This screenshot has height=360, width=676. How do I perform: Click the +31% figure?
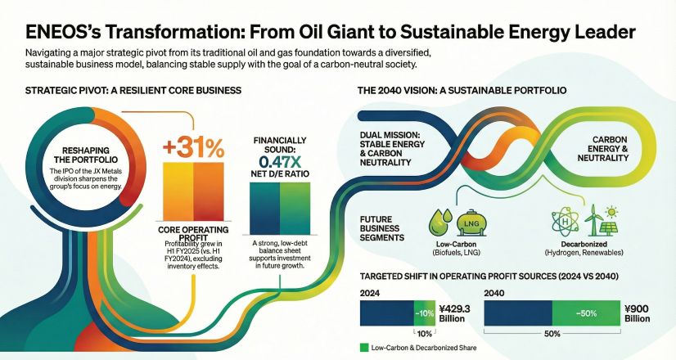point(194,148)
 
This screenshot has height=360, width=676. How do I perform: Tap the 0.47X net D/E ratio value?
point(279,162)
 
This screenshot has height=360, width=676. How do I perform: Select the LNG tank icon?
point(472,223)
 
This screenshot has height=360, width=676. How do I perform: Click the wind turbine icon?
point(593,219)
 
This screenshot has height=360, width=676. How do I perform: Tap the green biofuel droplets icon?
point(440,221)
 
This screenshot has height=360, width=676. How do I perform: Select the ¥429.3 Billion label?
point(454,314)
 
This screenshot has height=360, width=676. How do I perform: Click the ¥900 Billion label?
point(637,314)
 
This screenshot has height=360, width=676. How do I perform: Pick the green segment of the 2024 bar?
point(424,313)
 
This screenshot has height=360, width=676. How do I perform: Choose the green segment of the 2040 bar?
point(586,313)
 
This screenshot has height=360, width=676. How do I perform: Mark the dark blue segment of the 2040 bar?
point(518,313)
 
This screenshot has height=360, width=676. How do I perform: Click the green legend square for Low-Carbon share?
point(364,348)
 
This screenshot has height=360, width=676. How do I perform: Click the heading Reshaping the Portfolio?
point(86,155)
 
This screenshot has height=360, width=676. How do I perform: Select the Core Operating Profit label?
point(193,233)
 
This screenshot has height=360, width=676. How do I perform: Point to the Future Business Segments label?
point(382,228)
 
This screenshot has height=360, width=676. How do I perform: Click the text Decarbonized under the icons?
point(584,245)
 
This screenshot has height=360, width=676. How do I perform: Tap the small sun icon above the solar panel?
point(611,212)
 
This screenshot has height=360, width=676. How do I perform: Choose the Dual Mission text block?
point(392,149)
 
